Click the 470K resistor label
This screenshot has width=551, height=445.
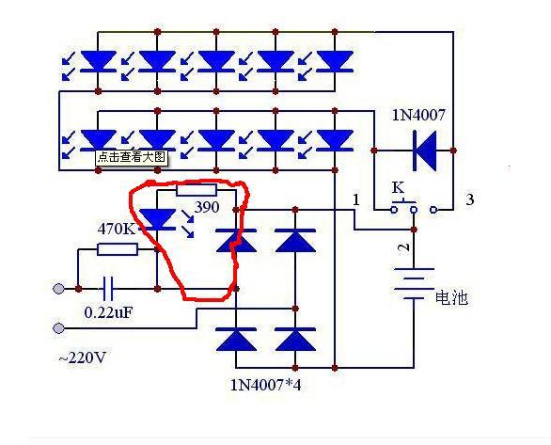tap(117, 229)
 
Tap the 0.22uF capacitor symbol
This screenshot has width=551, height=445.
tap(108, 289)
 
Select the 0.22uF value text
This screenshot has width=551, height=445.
tap(108, 312)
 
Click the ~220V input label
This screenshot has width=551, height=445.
tap(82, 358)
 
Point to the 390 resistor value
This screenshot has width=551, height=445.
tap(207, 207)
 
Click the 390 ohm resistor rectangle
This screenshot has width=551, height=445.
tap(197, 191)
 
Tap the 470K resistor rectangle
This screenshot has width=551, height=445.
tap(118, 249)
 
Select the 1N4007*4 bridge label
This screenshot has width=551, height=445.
tap(266, 385)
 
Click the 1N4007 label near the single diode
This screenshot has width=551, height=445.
tap(418, 115)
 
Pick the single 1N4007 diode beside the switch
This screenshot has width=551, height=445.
tap(425, 151)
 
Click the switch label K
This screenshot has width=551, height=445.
tap(398, 188)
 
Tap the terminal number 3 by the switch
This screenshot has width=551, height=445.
tap(470, 199)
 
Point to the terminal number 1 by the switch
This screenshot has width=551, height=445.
tap(356, 199)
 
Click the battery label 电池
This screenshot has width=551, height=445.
tap(451, 297)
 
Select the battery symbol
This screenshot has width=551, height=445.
tap(414, 284)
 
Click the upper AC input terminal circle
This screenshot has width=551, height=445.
tap(58, 289)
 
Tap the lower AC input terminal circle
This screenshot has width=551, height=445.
tap(58, 328)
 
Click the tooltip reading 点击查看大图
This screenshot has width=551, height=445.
tap(132, 157)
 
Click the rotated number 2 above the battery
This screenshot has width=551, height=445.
tap(404, 247)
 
